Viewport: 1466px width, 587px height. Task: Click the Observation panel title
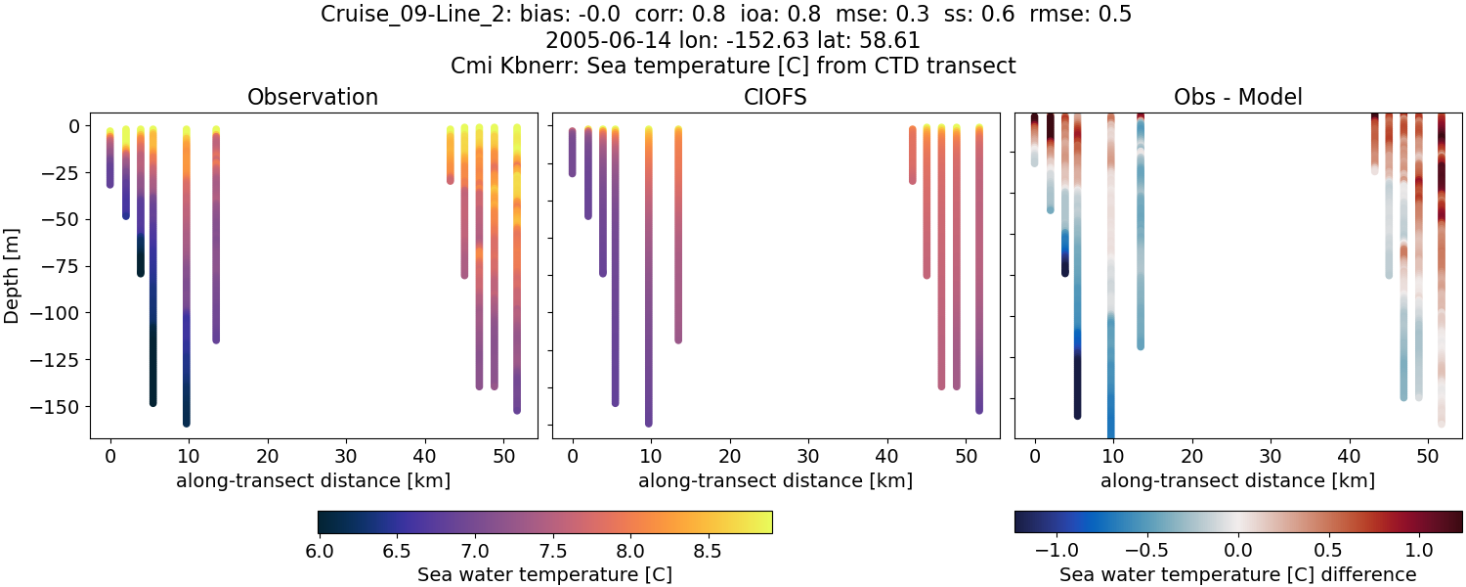coord(313,97)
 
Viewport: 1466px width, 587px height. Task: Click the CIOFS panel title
coord(775,97)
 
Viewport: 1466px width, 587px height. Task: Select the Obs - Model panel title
coord(1238,97)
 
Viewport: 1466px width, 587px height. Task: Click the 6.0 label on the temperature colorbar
coord(319,551)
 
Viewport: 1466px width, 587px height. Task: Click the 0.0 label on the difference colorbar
coord(1238,551)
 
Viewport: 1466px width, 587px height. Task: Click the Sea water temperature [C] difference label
coord(1238,574)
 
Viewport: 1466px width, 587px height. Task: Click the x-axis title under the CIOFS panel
coord(775,480)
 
